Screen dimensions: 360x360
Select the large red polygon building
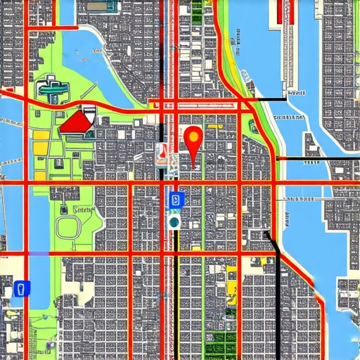[x=76, y=124]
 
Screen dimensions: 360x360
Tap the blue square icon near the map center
[x=175, y=200]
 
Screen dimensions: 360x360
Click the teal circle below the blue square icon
[x=174, y=222]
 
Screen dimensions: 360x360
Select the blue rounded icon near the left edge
[x=22, y=288]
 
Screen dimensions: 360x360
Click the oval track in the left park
[x=70, y=228]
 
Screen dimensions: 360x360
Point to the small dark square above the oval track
[x=64, y=209]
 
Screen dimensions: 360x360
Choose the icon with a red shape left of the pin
[x=163, y=153]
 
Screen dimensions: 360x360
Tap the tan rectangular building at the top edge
[x=201, y=11]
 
